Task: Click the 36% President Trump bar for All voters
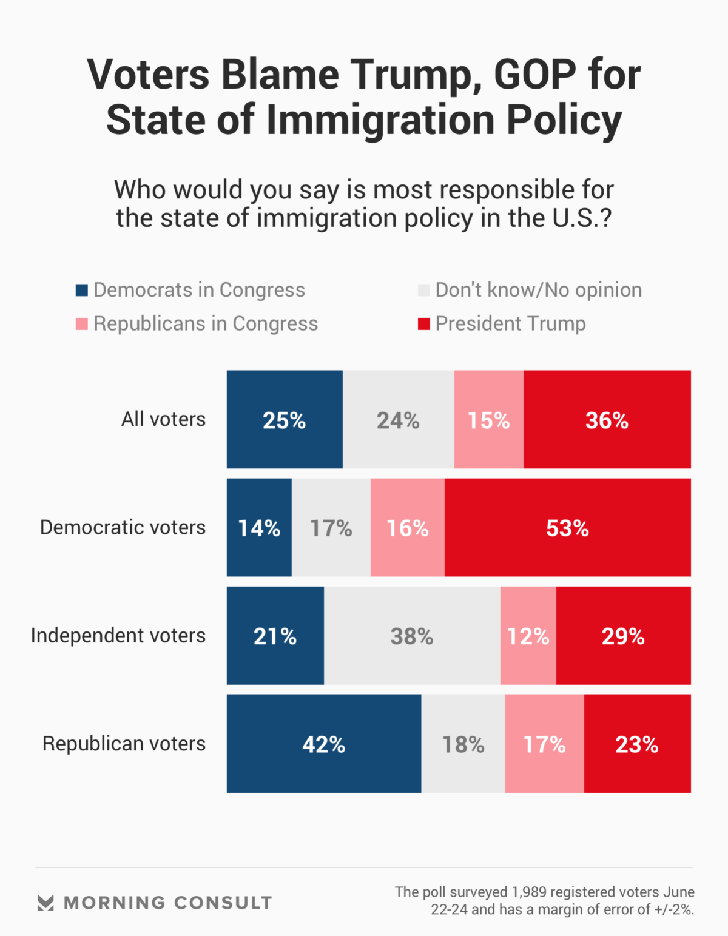point(607,420)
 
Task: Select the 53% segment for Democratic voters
point(567,528)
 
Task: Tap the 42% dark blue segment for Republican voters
point(323,744)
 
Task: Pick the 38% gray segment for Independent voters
point(412,636)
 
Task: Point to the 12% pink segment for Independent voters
point(528,636)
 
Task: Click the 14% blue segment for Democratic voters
point(259,528)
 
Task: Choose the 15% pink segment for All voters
point(488,420)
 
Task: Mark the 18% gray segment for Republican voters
point(463,744)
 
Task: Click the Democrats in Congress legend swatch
point(82,290)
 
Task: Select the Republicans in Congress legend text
point(206,324)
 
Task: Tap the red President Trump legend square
point(423,324)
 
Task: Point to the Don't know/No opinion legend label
point(538,290)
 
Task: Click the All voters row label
point(163,419)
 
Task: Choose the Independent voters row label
point(118,635)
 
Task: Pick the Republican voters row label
point(124,743)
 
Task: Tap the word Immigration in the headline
point(380,120)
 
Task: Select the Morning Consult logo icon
point(45,903)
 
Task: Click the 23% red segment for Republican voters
point(637,744)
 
